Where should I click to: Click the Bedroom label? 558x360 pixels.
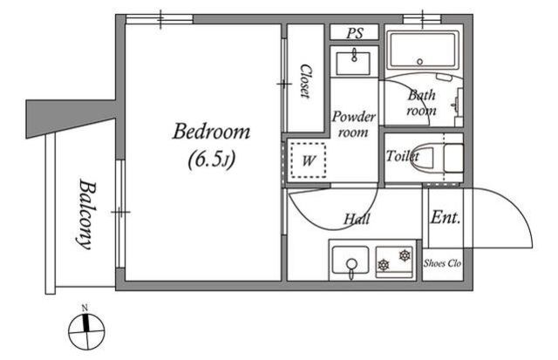point(211,132)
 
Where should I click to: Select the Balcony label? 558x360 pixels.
point(86,214)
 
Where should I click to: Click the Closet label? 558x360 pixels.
point(305,81)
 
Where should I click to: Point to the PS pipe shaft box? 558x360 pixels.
point(354,32)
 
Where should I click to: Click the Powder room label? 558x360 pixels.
point(353,124)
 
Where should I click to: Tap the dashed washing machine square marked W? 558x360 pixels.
point(308,160)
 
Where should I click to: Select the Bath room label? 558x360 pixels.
point(421,103)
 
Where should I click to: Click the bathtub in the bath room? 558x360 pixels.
point(422,50)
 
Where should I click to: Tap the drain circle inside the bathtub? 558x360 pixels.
point(420,62)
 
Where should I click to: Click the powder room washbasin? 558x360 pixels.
point(353,63)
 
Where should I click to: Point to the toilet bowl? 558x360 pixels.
point(425,158)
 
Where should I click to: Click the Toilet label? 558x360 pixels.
point(403,156)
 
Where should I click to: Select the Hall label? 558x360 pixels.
point(357,219)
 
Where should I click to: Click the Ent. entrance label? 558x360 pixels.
point(446,217)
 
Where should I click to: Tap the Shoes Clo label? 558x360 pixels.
point(442,263)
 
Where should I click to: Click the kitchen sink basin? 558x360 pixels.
point(350,260)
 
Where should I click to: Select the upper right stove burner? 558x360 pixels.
point(405,255)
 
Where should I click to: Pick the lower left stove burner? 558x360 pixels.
point(384,265)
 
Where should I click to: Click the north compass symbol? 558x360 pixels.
point(86,329)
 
